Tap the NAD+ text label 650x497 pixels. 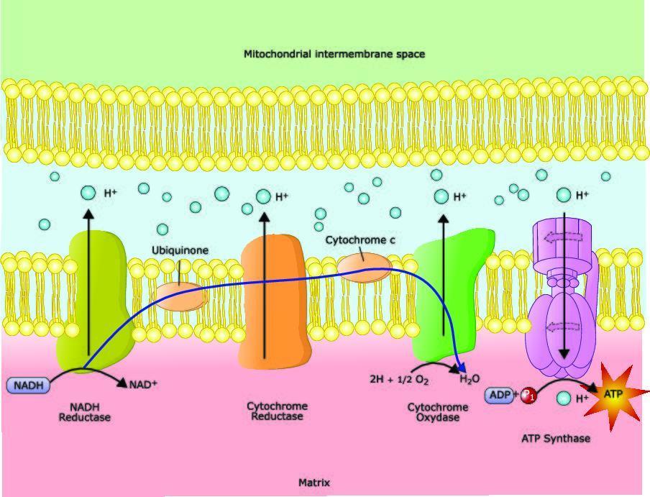click(142, 384)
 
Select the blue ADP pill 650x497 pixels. click(499, 395)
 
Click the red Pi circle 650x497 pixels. click(528, 395)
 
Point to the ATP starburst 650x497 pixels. click(612, 395)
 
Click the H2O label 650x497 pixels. click(470, 379)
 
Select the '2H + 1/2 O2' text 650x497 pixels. click(399, 379)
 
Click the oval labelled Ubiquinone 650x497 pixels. click(180, 296)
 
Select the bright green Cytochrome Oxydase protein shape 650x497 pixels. click(449, 295)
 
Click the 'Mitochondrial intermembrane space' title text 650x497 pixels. click(334, 54)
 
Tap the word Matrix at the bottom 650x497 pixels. click(314, 483)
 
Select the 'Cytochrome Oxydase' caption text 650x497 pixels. click(438, 412)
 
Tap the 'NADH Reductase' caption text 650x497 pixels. click(85, 411)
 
